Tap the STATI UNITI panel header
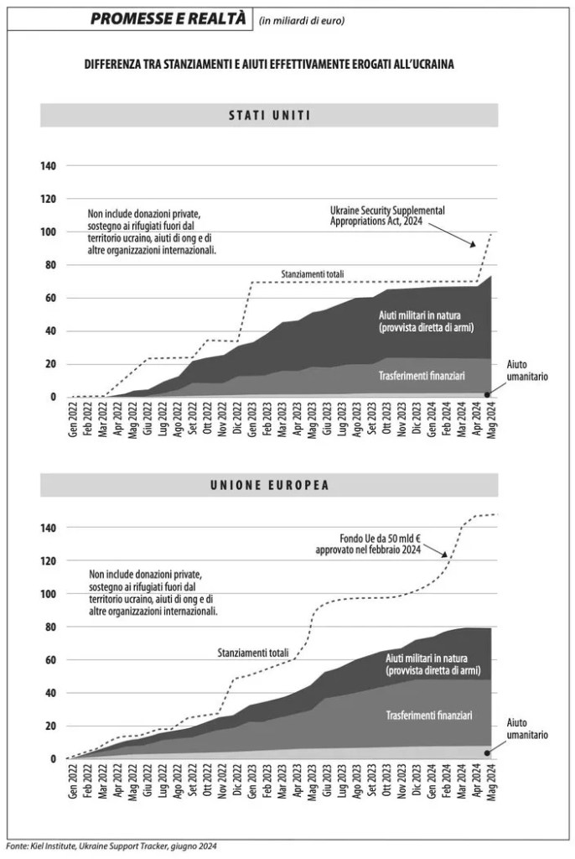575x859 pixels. [269, 115]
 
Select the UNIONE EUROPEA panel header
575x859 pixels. [269, 485]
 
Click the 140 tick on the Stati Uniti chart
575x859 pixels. [48, 166]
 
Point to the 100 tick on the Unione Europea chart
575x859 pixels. [48, 594]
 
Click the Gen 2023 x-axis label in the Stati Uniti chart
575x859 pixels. [251, 419]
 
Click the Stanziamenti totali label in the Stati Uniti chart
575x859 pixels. [313, 273]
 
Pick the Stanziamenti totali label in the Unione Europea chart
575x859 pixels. [252, 652]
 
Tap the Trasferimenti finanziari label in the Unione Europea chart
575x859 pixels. [429, 716]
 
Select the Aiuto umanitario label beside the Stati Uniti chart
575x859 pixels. [527, 371]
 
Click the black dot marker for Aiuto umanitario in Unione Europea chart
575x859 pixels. [488, 753]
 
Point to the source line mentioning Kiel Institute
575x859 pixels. [111, 846]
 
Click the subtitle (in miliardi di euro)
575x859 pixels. [303, 19]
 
